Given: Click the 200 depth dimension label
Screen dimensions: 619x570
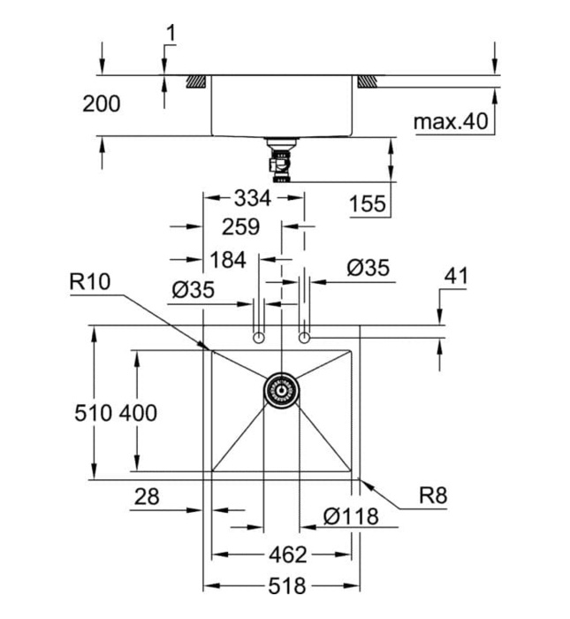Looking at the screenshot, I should click(102, 103).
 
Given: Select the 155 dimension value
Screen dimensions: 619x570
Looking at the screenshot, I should click(368, 204).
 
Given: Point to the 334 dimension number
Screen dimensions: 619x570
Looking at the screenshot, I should click(253, 197).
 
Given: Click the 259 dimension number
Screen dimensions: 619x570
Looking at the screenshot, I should click(240, 227).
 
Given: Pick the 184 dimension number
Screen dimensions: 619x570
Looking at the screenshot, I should click(228, 260).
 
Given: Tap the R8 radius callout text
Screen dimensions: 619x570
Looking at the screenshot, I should click(433, 496).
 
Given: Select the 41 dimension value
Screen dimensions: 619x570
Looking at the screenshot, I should click(455, 276).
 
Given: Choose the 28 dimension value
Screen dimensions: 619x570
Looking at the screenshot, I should click(147, 497).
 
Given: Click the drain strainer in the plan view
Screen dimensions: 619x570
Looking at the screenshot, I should click(282, 388).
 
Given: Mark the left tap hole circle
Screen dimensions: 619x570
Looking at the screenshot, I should click(259, 338).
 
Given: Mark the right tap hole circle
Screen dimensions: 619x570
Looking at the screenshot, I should click(305, 338).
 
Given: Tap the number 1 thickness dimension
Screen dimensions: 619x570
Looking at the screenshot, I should click(171, 34).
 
